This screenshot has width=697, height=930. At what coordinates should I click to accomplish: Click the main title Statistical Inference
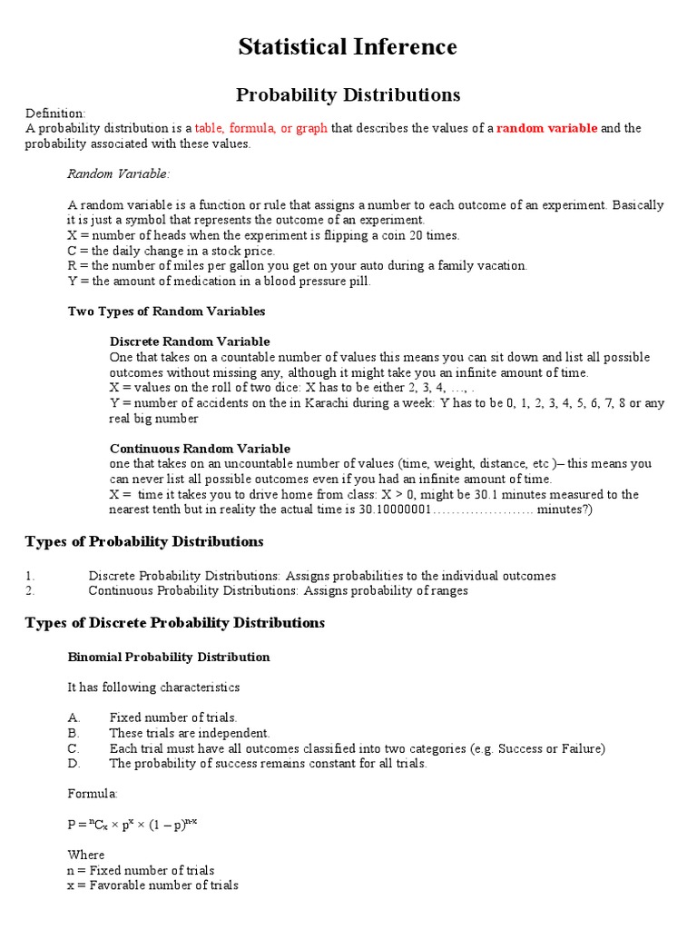348,46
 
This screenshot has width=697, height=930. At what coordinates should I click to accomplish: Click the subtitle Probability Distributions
348,94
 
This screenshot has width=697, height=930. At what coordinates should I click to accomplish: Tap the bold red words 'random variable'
546,128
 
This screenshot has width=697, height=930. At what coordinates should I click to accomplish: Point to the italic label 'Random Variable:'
119,173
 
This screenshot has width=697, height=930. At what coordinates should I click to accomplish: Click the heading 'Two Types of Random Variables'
167,312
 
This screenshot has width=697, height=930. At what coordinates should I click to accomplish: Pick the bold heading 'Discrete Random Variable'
190,341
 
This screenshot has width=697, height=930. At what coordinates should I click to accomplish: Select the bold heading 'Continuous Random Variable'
200,449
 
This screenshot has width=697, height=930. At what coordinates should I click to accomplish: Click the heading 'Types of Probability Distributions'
144,542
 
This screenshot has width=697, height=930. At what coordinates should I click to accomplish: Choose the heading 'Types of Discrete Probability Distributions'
174,623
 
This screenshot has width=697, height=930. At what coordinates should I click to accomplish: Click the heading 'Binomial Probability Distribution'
169,657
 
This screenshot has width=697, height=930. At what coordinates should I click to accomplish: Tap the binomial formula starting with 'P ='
133,824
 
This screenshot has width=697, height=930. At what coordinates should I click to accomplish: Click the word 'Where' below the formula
86,855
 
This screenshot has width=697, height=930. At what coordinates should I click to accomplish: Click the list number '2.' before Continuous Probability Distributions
30,590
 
